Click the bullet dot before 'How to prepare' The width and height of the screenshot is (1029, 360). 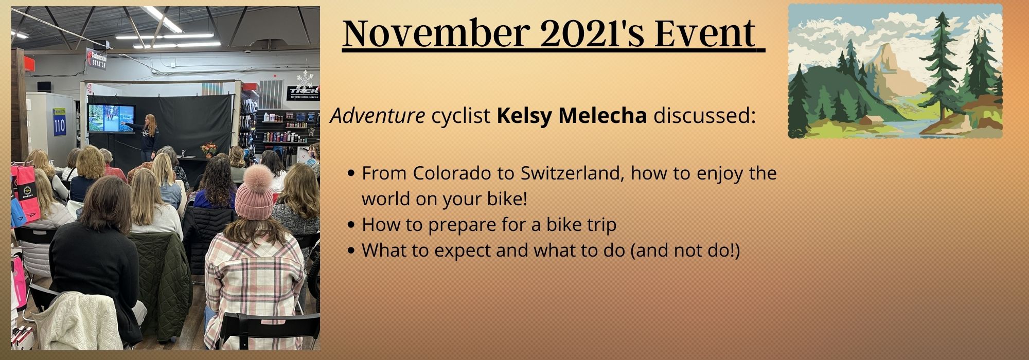pos(351,225)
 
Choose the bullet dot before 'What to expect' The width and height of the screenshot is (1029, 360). pos(351,251)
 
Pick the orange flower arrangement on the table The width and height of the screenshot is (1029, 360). pos(209,149)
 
